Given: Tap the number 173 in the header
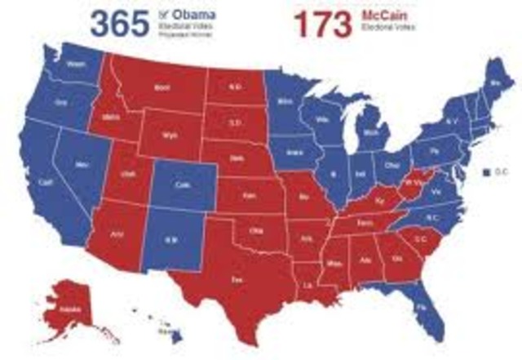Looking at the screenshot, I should (323, 25).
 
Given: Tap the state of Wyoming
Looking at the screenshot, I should (170, 133).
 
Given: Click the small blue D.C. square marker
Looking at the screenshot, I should (484, 173).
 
